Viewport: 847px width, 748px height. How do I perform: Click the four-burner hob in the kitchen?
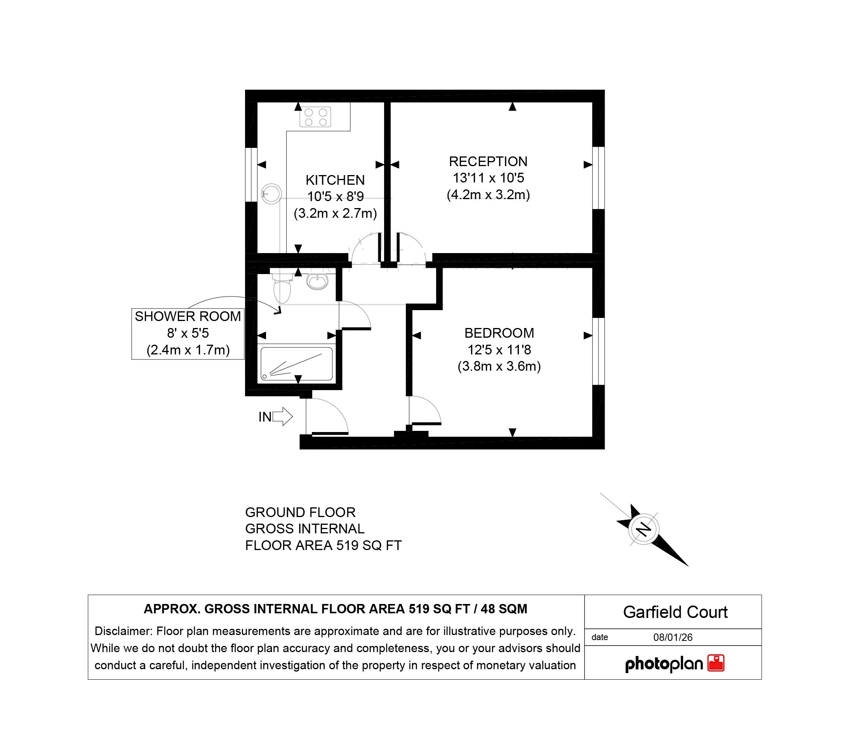(x=315, y=117)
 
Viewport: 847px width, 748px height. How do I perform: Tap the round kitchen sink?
(x=271, y=193)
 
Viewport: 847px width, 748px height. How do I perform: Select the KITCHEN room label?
(x=335, y=180)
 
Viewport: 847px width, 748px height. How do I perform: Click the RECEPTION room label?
(x=488, y=161)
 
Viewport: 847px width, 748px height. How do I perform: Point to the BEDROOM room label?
(x=499, y=333)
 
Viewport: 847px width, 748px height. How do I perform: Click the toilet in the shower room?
(x=282, y=288)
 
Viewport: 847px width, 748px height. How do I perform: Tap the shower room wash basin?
(x=317, y=282)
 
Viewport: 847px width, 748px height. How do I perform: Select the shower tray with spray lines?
(x=296, y=364)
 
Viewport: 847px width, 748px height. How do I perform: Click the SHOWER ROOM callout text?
(x=188, y=316)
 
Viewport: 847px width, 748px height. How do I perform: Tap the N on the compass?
(x=644, y=529)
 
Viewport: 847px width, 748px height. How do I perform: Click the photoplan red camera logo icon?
(x=716, y=663)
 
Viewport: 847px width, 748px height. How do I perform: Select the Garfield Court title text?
(x=675, y=612)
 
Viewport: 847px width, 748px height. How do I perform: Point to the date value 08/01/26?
(x=673, y=637)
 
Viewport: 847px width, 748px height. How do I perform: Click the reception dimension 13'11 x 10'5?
(x=488, y=178)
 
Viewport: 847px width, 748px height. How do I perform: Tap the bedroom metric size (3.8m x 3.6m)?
(x=499, y=366)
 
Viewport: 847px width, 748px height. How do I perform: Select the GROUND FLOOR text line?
(x=300, y=512)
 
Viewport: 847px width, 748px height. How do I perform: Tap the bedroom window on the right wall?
(x=598, y=351)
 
